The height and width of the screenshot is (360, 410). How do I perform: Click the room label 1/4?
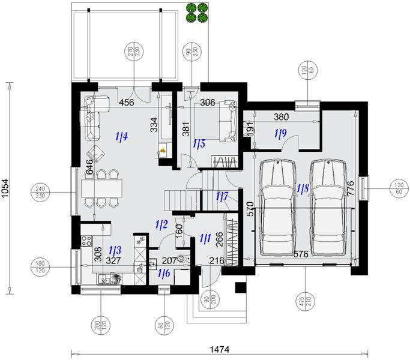coord(121,137)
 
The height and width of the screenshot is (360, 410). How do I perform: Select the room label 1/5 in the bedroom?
coord(199,144)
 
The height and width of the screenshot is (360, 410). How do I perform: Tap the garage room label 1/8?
coord(303,188)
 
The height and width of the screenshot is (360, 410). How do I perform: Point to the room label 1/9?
coord(280,134)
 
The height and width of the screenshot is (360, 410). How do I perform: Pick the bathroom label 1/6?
coord(163,274)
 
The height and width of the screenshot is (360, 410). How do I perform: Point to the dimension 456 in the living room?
coord(126,103)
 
